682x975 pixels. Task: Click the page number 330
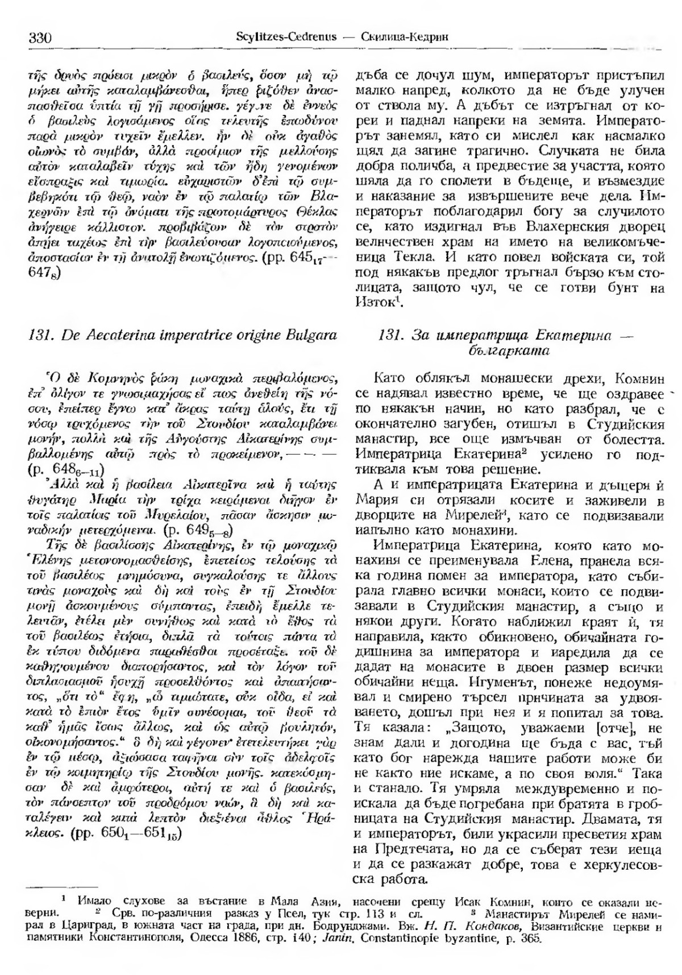[39, 38]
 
